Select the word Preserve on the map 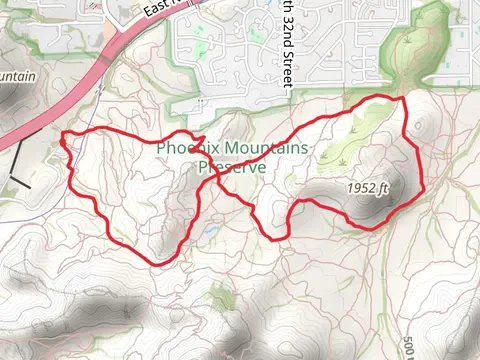pyautogui.click(x=232, y=168)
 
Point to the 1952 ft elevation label pyautogui.click(x=368, y=187)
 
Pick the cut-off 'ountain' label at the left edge pyautogui.click(x=21, y=77)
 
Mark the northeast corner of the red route pyautogui.click(x=403, y=98)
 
